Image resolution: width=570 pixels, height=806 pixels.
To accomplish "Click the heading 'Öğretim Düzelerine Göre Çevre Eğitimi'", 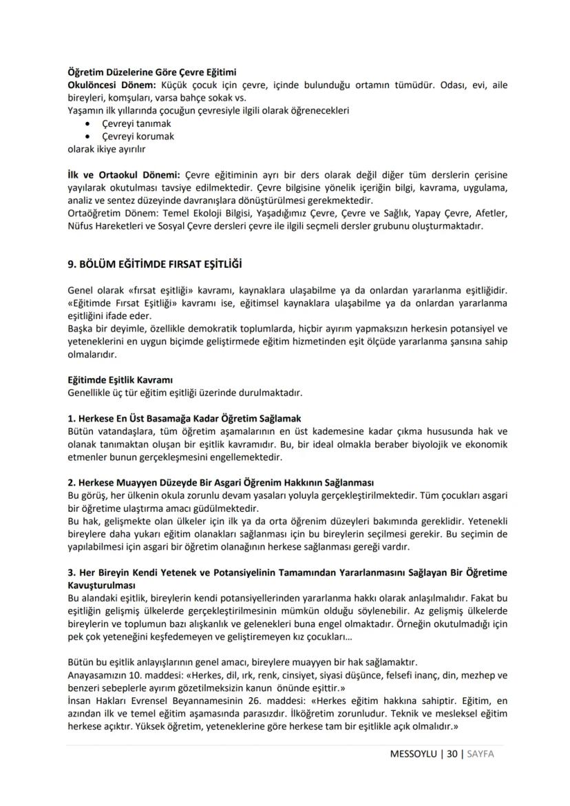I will point(151,72).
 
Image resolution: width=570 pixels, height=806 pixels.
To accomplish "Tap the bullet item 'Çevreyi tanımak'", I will point(136,123).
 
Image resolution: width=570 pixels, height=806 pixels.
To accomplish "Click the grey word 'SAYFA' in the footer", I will point(481,754).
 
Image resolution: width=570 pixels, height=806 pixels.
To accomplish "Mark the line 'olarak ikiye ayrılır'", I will point(106,148).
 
